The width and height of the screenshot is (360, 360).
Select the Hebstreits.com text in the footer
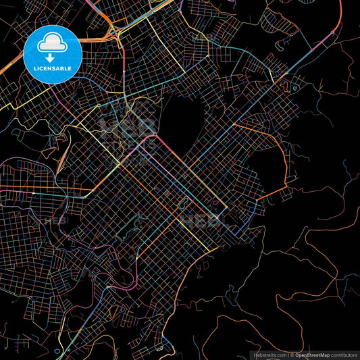pos(269,355)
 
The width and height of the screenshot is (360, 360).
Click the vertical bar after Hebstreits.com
pos(288,355)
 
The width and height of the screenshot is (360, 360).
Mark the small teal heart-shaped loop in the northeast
pos(294,88)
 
